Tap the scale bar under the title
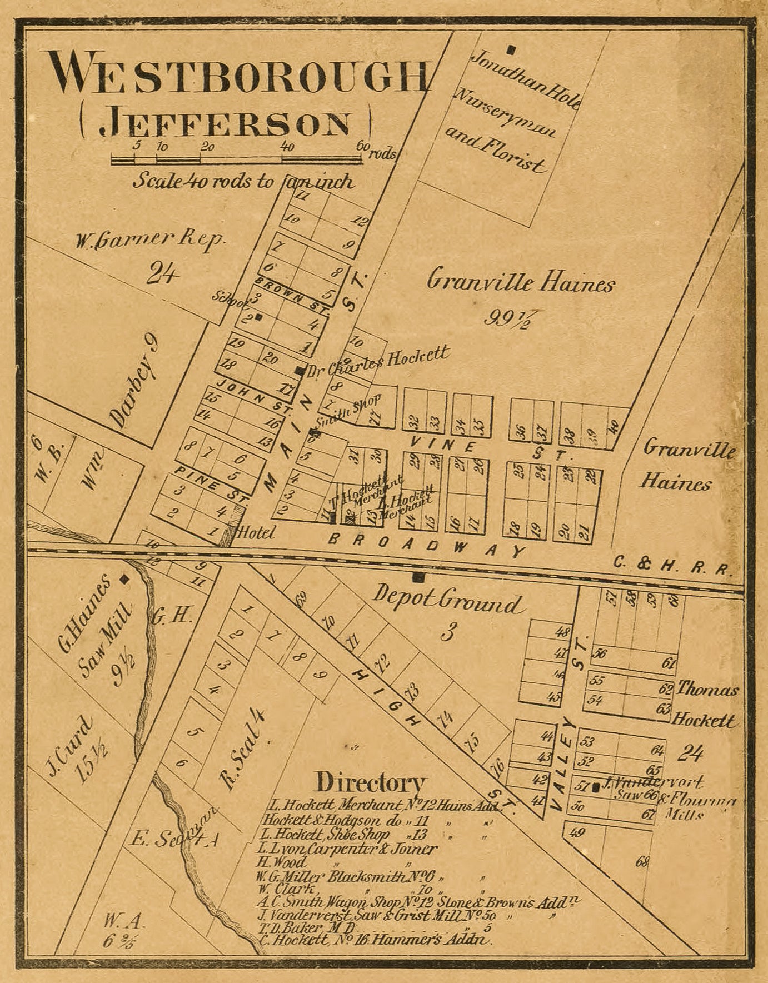(x=236, y=160)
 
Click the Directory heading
(x=370, y=782)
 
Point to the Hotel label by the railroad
(x=256, y=532)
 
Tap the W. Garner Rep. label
(x=150, y=240)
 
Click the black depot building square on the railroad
(x=421, y=577)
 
